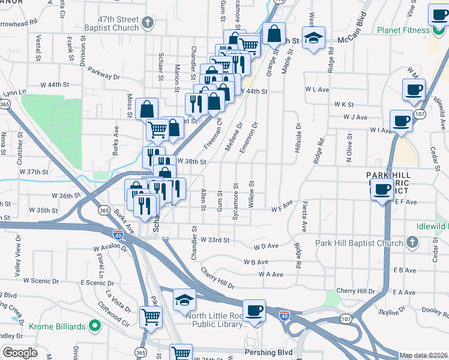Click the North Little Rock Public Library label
[x=216, y=320]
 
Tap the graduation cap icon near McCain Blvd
[x=313, y=38]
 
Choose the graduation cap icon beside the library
[x=184, y=301]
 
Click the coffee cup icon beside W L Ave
[x=414, y=91]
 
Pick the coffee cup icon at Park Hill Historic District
[x=381, y=190]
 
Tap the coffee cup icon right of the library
[x=255, y=310]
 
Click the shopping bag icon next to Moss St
[x=146, y=109]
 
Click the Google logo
[x=20, y=353]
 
